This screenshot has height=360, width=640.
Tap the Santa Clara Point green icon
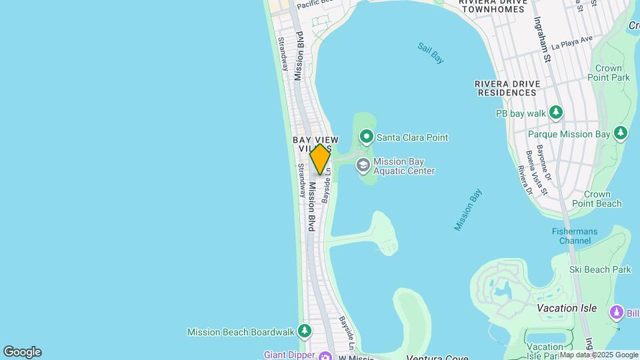pyautogui.click(x=366, y=137)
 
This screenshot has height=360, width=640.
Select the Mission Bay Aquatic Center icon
pyautogui.click(x=363, y=165)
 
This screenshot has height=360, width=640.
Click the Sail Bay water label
pyautogui.click(x=431, y=53)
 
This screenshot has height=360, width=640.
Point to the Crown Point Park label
pyautogui.click(x=608, y=73)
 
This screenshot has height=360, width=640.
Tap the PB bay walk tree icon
pyautogui.click(x=556, y=113)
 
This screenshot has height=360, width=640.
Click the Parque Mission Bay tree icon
pyautogui.click(x=621, y=134)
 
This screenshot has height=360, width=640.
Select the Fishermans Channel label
pyautogui.click(x=574, y=236)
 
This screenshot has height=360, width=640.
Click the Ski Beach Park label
pyautogui.click(x=599, y=269)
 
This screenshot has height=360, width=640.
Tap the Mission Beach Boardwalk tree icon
pyautogui.click(x=305, y=331)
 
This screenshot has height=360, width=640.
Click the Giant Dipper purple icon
pyautogui.click(x=325, y=355)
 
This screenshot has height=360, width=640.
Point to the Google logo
pyautogui.click(x=22, y=352)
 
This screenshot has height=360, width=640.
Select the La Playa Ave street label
pyautogui.click(x=572, y=43)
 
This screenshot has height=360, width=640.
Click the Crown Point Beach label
pyautogui.click(x=596, y=199)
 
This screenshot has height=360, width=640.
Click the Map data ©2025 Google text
pyautogui.click(x=599, y=355)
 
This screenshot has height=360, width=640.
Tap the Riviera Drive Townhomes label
pyautogui.click(x=493, y=6)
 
